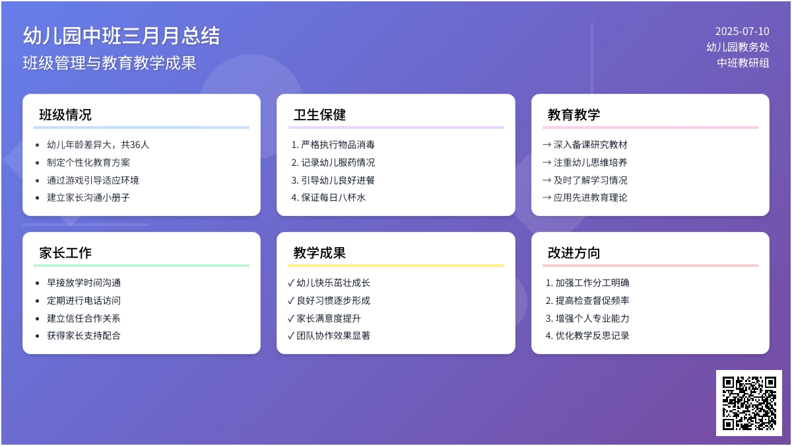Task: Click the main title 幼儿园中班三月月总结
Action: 121,36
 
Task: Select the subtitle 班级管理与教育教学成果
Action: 110,63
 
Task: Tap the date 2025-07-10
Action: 742,32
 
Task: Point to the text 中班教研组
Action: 743,63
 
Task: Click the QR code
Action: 749,403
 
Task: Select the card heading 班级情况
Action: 65,115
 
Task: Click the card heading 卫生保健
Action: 319,115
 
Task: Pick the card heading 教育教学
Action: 574,115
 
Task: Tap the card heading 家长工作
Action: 65,252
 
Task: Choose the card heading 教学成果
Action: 319,252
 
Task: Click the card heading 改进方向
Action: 574,252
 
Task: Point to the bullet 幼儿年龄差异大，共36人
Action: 98,145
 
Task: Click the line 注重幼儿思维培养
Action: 591,162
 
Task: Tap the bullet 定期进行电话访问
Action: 84,300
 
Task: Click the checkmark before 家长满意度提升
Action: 291,318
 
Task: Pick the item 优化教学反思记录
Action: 592,335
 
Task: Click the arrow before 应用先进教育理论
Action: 546,197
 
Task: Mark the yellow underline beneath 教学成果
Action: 396,265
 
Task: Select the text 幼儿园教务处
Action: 738,47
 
